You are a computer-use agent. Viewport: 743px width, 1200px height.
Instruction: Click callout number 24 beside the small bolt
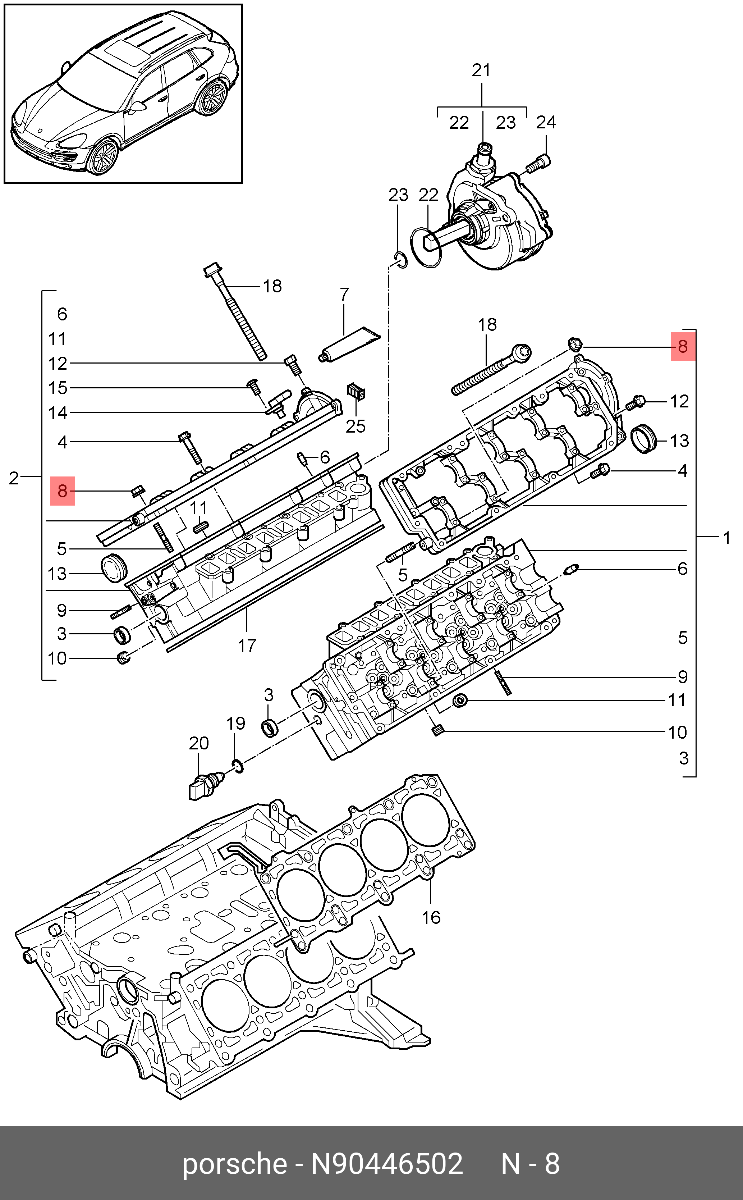pos(546,122)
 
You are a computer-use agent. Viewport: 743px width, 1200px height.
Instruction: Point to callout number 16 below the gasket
pos(431,917)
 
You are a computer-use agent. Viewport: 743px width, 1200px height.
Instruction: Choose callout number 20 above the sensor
pos(199,743)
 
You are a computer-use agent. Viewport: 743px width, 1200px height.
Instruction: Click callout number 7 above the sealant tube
pos(344,294)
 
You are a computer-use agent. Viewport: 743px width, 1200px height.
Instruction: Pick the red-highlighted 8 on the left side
pos(63,491)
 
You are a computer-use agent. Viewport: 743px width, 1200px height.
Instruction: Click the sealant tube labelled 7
pos(349,344)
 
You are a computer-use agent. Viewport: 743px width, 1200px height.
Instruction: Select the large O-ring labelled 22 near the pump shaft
pos(426,248)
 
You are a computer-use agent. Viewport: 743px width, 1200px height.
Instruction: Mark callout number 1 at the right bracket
pos(727,538)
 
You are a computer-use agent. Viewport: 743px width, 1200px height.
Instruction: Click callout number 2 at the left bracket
pos(13,478)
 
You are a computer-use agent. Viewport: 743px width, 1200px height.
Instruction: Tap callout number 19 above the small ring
pos(235,723)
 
